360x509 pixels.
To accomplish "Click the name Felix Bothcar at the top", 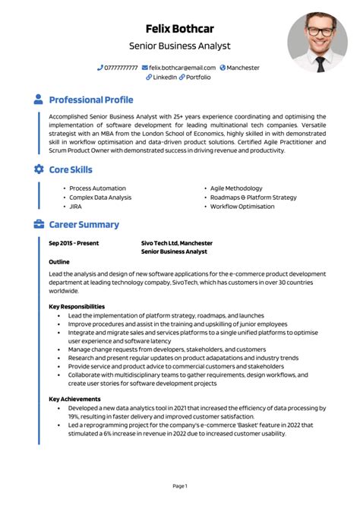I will tap(179, 30).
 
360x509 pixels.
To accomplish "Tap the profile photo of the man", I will tap(317, 42).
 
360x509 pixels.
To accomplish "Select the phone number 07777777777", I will tap(122, 68).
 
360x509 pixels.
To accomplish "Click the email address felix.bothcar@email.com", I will tap(182, 68).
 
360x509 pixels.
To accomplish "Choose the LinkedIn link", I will tap(165, 77).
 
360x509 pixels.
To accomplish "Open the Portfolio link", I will tap(198, 77).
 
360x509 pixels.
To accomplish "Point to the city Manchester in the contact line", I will tap(243, 68).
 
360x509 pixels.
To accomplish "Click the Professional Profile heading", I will tap(90, 100).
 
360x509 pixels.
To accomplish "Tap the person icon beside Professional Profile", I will tap(39, 100).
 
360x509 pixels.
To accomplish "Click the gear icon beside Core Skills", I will tap(39, 169).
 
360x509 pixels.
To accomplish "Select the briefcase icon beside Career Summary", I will tap(39, 225).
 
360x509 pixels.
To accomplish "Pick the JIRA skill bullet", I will tap(75, 206).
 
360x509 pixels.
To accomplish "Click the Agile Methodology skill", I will tap(236, 188).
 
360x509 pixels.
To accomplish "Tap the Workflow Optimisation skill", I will tap(242, 206).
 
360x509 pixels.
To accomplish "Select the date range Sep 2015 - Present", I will tap(73, 243).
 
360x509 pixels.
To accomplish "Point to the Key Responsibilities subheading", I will tap(77, 306).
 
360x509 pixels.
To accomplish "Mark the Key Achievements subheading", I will tap(74, 399).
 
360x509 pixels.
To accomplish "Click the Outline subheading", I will tap(59, 261).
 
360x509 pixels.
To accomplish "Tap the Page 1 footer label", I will tap(180, 485).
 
